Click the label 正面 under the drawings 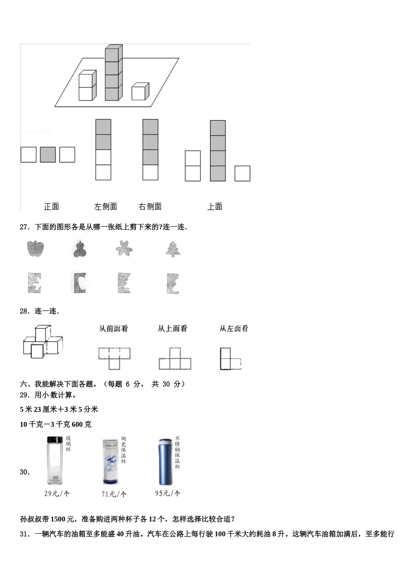(51, 207)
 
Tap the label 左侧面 (105, 207)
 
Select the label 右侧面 (150, 207)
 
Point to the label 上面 (214, 207)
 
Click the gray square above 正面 (48, 155)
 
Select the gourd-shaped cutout (80, 249)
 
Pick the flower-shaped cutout (124, 249)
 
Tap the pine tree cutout (173, 249)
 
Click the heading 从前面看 (114, 328)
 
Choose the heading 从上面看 (173, 328)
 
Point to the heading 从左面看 (234, 328)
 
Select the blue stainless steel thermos (165, 462)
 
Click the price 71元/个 (114, 494)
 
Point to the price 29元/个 (57, 494)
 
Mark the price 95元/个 (168, 493)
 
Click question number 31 (24, 534)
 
